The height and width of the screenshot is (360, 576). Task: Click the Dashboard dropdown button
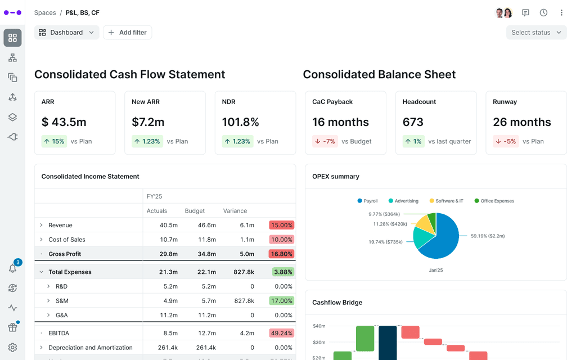click(x=66, y=33)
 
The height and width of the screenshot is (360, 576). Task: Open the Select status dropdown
click(x=536, y=33)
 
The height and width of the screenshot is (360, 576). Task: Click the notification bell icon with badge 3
click(x=12, y=268)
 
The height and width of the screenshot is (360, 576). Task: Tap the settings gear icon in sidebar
click(x=12, y=348)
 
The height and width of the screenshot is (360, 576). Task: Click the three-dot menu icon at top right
click(x=561, y=12)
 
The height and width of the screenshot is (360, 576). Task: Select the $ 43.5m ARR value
click(x=64, y=122)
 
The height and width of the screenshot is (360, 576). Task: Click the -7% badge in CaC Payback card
click(x=326, y=142)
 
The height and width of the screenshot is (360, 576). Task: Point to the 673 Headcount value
click(x=413, y=122)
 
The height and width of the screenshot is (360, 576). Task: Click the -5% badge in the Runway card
click(x=506, y=142)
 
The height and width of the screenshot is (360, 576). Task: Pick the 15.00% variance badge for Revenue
click(x=282, y=225)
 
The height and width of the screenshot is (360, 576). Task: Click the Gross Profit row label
click(x=65, y=254)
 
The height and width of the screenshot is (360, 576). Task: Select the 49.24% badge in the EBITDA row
click(x=282, y=333)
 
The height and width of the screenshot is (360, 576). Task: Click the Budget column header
click(x=195, y=211)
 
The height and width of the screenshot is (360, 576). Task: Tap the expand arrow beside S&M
click(x=48, y=301)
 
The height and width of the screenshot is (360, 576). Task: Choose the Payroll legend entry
click(x=367, y=201)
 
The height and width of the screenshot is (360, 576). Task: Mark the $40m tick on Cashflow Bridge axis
click(x=319, y=326)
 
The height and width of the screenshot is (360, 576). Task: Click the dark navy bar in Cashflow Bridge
click(x=388, y=343)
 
